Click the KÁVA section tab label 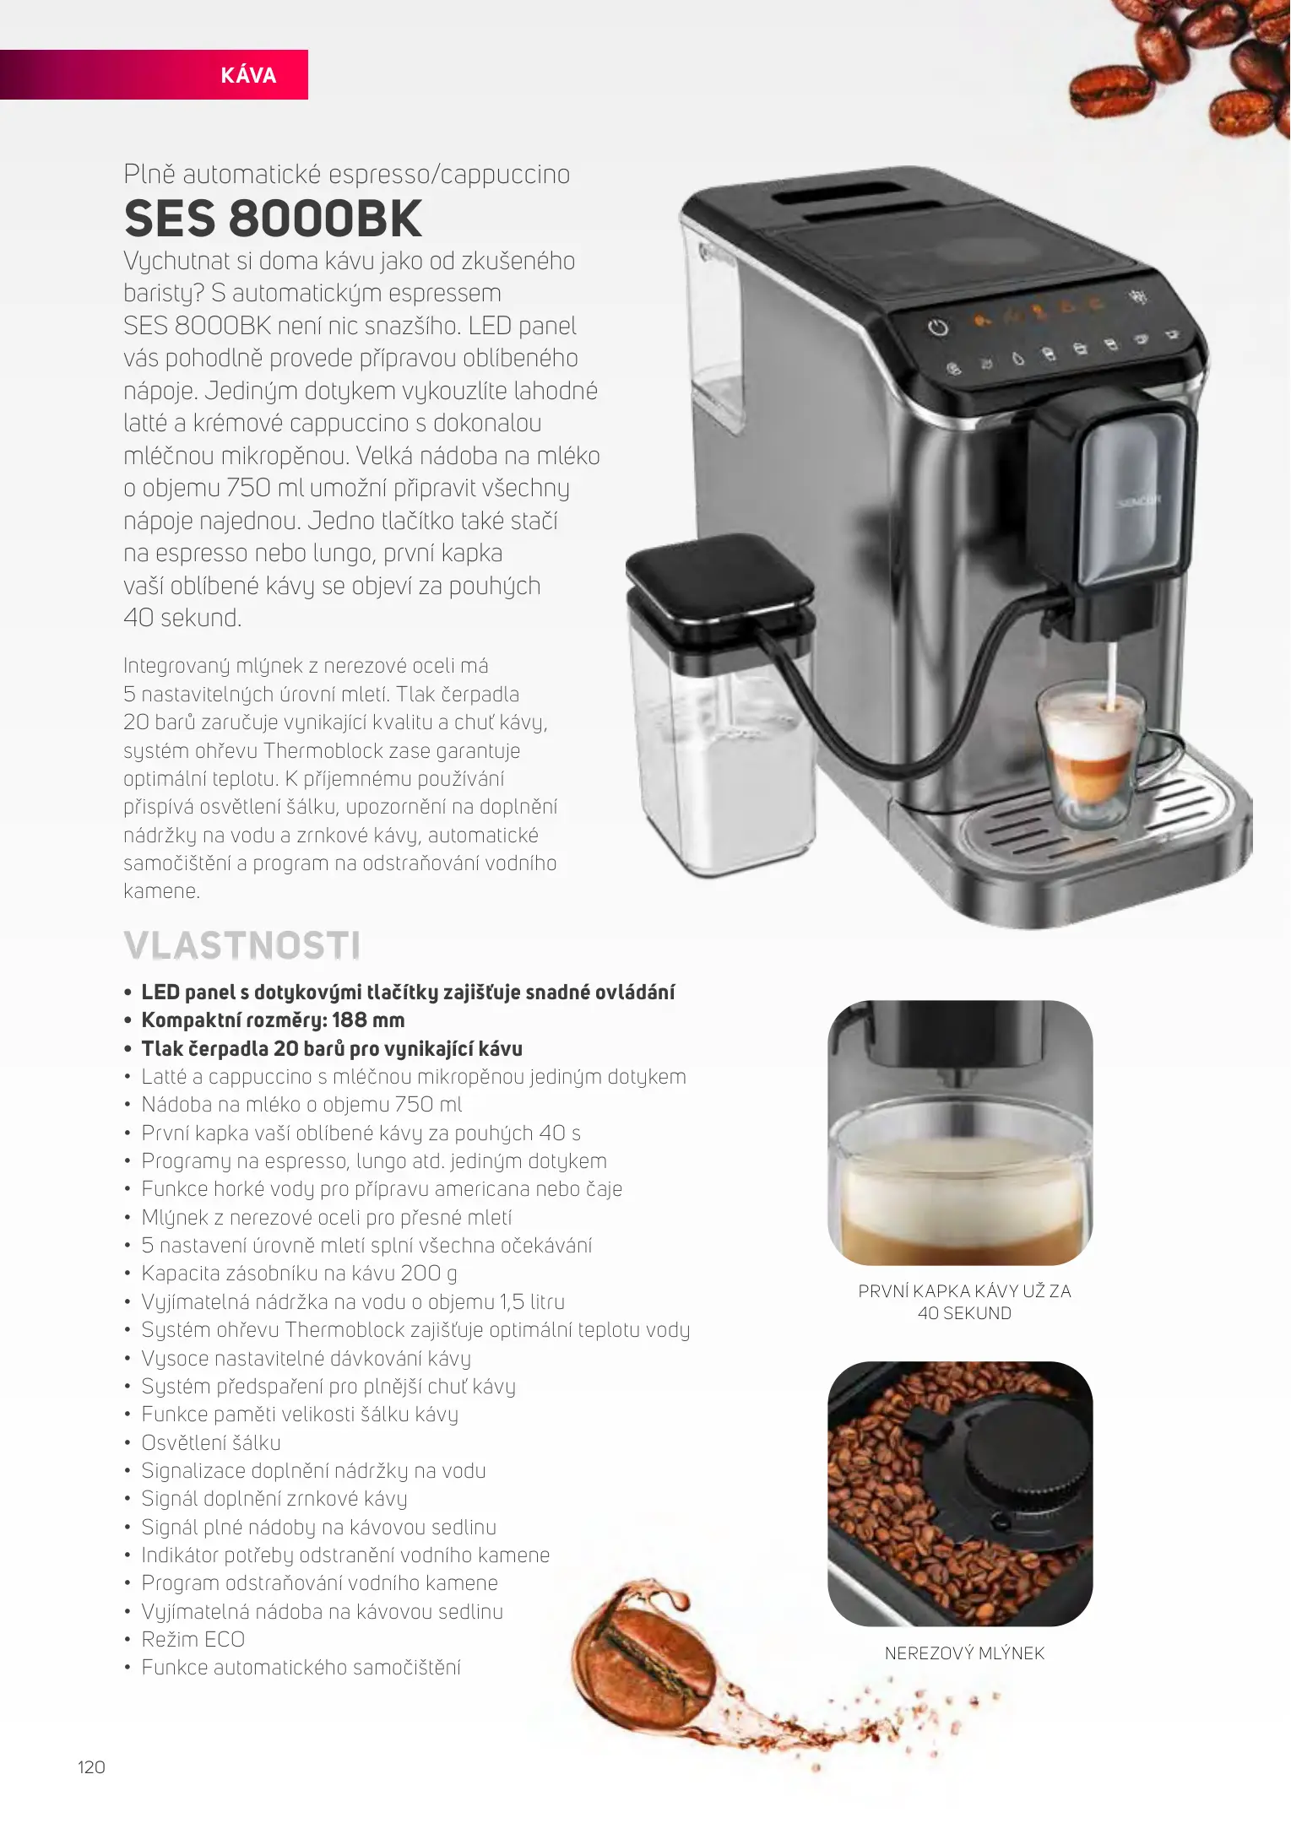248,76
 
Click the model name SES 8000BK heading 273,219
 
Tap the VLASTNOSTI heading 242,945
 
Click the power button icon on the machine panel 938,327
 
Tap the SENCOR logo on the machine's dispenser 1139,501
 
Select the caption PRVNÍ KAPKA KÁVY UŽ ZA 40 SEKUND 964,1302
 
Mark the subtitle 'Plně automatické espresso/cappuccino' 346,174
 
